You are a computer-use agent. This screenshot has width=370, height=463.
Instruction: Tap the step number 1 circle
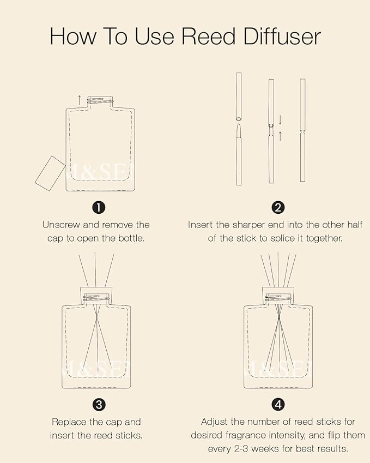(x=99, y=207)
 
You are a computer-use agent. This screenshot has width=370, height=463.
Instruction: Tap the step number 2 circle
(x=278, y=207)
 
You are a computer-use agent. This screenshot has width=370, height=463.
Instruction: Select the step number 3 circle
(x=99, y=404)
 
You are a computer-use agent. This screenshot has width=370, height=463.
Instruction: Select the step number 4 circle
(x=278, y=404)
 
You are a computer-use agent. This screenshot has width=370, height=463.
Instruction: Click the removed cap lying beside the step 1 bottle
(x=50, y=171)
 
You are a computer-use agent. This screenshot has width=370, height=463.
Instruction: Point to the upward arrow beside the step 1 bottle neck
(x=79, y=99)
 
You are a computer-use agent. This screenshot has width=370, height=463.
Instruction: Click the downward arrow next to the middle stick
(x=280, y=119)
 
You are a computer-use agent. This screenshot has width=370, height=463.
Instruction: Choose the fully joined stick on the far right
(x=302, y=131)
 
